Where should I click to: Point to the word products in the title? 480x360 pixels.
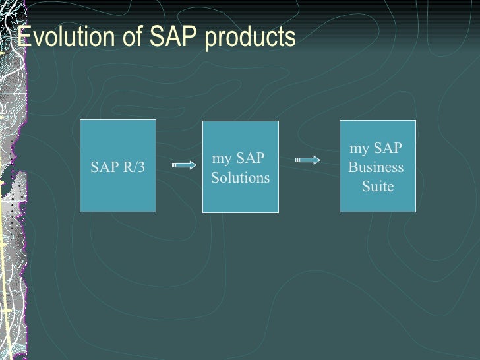click(250, 38)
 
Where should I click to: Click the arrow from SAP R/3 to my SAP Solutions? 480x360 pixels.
click(184, 165)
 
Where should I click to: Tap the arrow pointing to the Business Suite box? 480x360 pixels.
click(307, 160)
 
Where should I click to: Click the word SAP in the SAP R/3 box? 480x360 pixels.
click(105, 167)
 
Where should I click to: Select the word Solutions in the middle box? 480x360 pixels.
click(240, 178)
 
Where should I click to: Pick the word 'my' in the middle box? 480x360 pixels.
click(222, 158)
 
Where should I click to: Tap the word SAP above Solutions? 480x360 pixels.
click(250, 158)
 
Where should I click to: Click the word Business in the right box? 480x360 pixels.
click(376, 167)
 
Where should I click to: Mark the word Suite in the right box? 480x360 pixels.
click(378, 187)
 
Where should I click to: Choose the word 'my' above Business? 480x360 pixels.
click(359, 148)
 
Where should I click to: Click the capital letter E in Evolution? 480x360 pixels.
click(24, 37)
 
